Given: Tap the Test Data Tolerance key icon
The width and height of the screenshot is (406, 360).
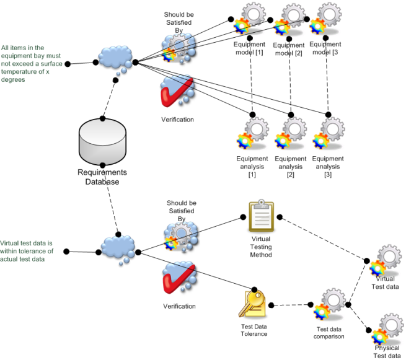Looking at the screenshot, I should click(253, 304).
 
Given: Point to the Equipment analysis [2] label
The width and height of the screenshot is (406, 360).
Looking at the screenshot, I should click(290, 167).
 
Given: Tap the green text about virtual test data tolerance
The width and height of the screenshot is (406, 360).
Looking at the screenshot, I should click(27, 250).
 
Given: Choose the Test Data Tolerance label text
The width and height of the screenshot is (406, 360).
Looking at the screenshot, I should click(254, 330).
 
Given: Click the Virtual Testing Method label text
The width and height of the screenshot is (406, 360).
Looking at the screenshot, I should click(261, 246).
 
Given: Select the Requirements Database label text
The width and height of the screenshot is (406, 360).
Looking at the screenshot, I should click(102, 177).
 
